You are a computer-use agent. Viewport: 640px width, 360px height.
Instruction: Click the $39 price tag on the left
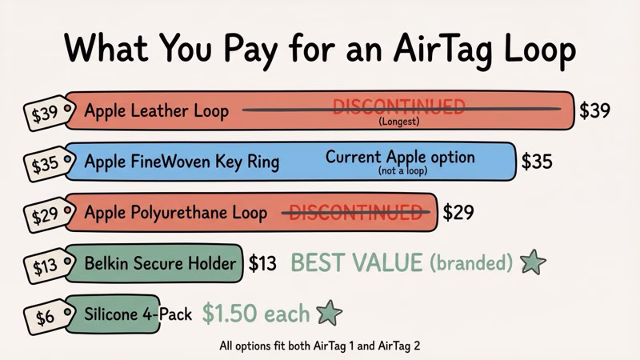[42, 114]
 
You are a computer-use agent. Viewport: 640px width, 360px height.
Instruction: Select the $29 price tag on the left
[43, 215]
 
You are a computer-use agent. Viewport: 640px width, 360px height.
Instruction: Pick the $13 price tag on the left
[43, 266]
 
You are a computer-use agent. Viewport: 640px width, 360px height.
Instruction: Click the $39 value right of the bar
[595, 110]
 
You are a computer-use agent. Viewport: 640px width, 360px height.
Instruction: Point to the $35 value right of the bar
[536, 161]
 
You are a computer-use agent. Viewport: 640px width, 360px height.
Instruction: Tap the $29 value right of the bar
[458, 212]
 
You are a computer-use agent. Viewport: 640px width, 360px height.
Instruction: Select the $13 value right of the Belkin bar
[262, 262]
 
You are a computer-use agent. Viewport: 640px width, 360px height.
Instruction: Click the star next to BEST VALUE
[533, 262]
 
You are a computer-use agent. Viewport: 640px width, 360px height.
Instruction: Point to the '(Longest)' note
[398, 122]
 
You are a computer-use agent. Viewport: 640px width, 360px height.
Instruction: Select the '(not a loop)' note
[399, 171]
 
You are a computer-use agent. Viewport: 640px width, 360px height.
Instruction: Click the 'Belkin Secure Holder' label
[161, 263]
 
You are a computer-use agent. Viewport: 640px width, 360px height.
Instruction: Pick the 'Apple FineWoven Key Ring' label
[182, 162]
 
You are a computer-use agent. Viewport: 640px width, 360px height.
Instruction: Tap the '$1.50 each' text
[255, 314]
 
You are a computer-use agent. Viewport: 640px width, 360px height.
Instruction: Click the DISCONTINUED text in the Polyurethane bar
[355, 212]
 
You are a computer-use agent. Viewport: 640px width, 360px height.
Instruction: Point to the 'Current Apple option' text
[400, 156]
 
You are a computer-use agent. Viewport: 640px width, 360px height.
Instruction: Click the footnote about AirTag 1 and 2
[320, 346]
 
